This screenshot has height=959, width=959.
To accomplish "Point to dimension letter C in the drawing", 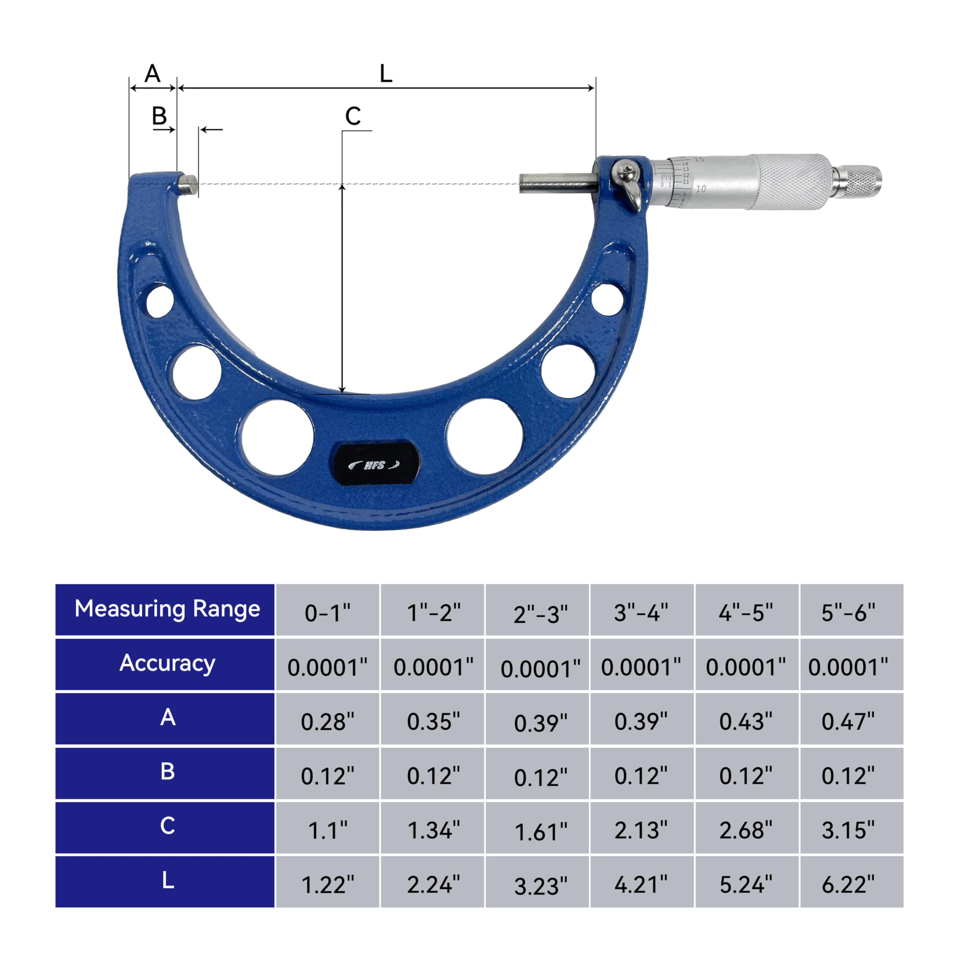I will point(353,117).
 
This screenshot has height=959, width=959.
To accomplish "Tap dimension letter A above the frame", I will point(152,74).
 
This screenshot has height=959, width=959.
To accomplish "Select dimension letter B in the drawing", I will point(159,116).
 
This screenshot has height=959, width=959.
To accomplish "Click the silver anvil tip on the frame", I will point(188,184).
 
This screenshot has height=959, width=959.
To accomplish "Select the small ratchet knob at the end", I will point(863,182).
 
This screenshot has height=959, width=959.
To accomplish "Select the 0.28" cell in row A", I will point(328,722).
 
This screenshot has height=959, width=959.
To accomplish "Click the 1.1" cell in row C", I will point(328,831).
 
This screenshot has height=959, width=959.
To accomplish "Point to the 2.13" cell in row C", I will point(641,831).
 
